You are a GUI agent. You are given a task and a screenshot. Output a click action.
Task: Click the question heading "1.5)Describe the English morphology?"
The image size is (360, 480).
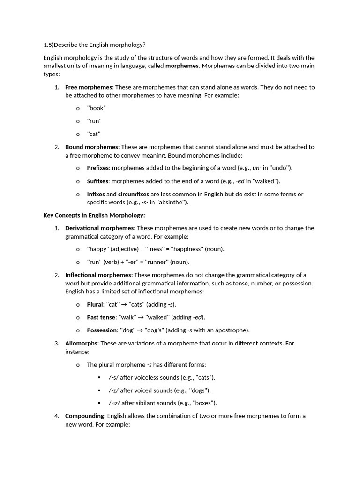pyautogui.click(x=94, y=45)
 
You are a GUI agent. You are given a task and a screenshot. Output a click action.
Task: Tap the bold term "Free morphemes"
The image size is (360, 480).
pyautogui.click(x=89, y=87)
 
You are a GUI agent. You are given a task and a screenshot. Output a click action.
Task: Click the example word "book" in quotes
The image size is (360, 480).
pyautogui.click(x=97, y=108)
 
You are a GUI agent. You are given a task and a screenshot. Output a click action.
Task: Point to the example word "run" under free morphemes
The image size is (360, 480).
pyautogui.click(x=94, y=121)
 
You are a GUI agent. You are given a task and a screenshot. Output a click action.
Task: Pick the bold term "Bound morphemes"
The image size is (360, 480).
pyautogui.click(x=91, y=147)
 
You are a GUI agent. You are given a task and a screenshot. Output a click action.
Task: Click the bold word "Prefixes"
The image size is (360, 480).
pyautogui.click(x=98, y=168)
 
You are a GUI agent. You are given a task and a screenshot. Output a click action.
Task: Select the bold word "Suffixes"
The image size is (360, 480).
pyautogui.click(x=98, y=181)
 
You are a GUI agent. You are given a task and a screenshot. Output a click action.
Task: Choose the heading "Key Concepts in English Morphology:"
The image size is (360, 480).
pyautogui.click(x=94, y=215)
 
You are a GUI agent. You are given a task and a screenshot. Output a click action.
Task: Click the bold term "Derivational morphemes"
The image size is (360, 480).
pyautogui.click(x=99, y=228)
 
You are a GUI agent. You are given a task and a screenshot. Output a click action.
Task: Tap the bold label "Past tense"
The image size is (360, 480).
pyautogui.click(x=101, y=317)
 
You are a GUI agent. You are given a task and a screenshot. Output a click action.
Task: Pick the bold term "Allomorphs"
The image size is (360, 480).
pyautogui.click(x=82, y=343)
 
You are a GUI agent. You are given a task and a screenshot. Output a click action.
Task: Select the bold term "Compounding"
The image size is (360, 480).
pyautogui.click(x=85, y=416)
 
